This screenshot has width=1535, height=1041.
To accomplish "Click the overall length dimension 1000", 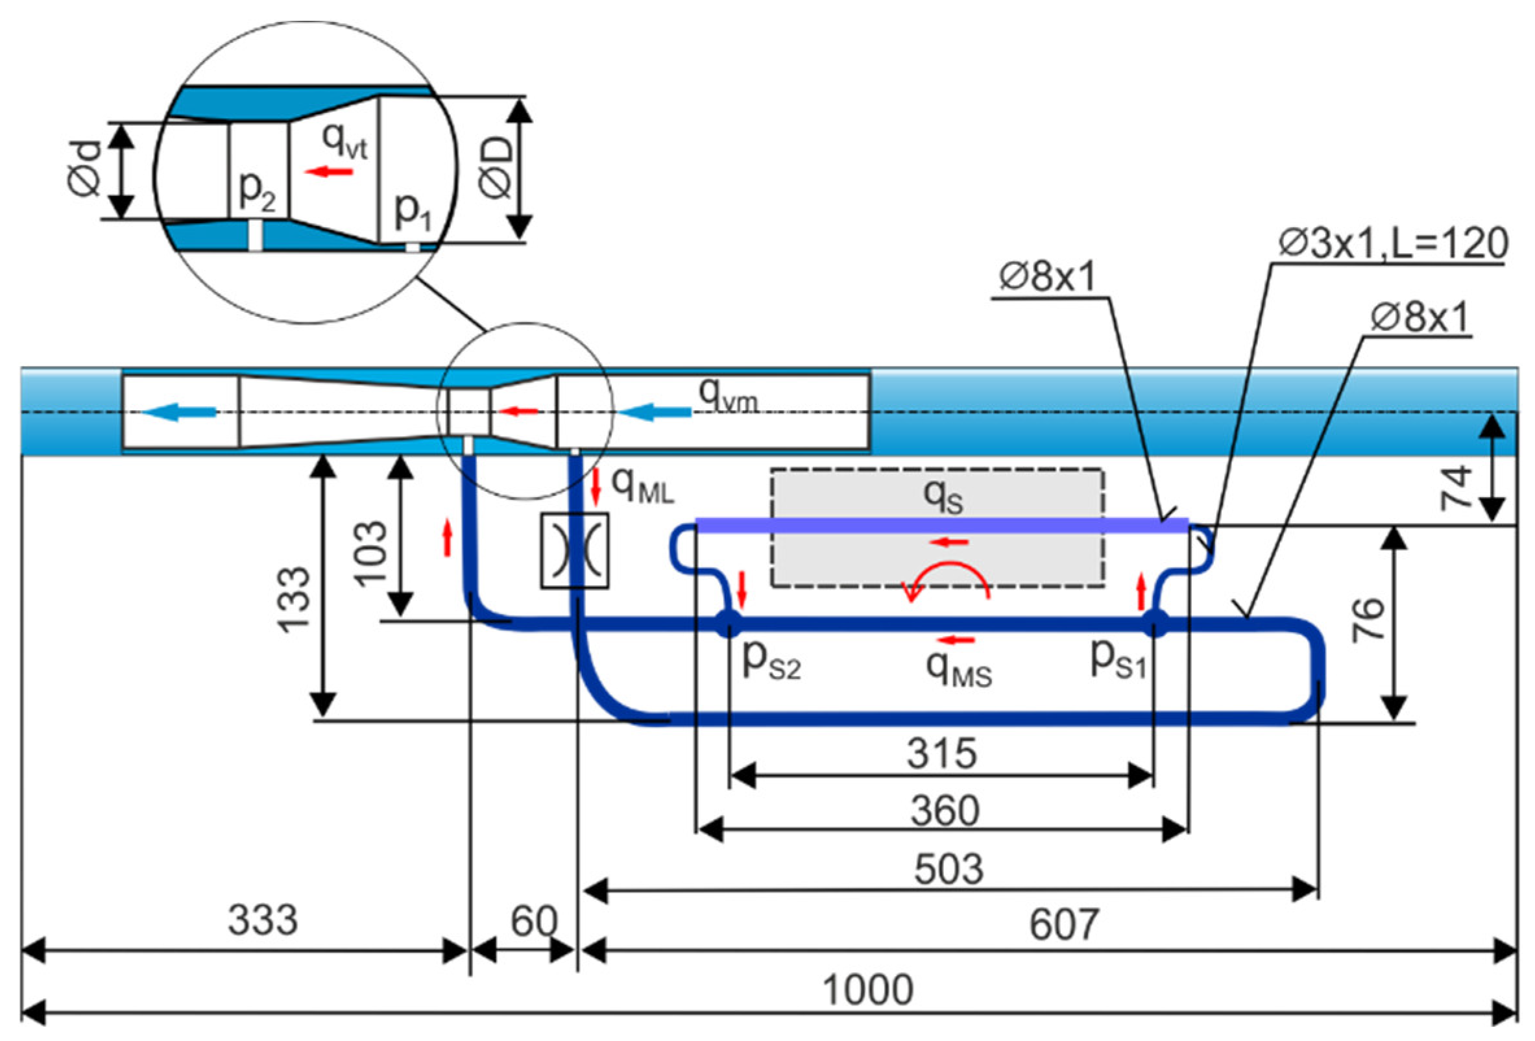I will point(867,990).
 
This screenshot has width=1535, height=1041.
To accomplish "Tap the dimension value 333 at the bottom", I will point(262,920).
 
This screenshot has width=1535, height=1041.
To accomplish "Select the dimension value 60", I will point(534,921).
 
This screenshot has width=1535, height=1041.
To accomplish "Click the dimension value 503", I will point(949,868).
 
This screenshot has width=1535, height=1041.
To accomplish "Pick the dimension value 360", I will point(945,811).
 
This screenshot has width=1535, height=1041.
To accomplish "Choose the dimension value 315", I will point(941,753).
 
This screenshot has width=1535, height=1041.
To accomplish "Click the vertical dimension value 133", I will point(294,600).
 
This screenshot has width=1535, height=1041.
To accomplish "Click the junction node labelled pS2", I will point(728,623).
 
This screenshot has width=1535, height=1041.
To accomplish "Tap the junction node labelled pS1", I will point(1155,623).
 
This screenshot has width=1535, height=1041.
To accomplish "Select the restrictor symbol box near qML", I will point(575,551).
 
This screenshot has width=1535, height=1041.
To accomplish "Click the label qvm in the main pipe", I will point(728,397).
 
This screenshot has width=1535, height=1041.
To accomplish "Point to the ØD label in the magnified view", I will point(496,169).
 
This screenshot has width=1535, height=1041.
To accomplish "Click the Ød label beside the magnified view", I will point(85,169).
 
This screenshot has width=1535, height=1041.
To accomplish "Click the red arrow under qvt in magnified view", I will point(328,172).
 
